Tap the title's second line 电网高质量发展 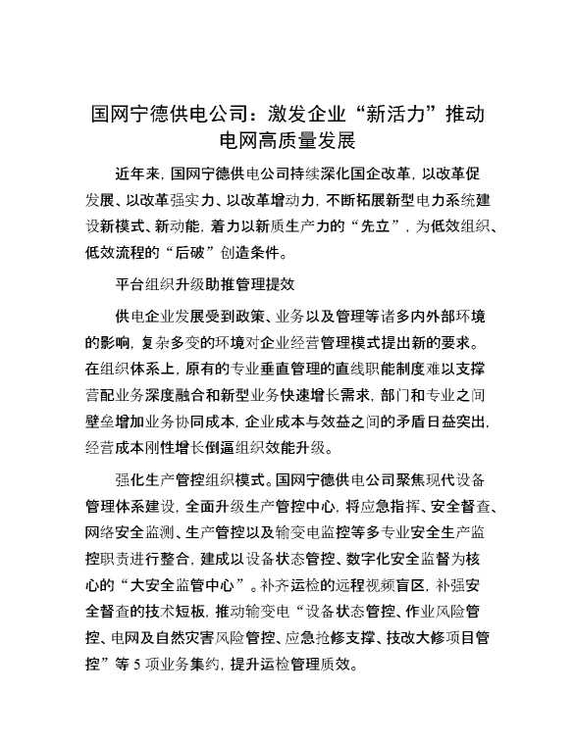287,140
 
